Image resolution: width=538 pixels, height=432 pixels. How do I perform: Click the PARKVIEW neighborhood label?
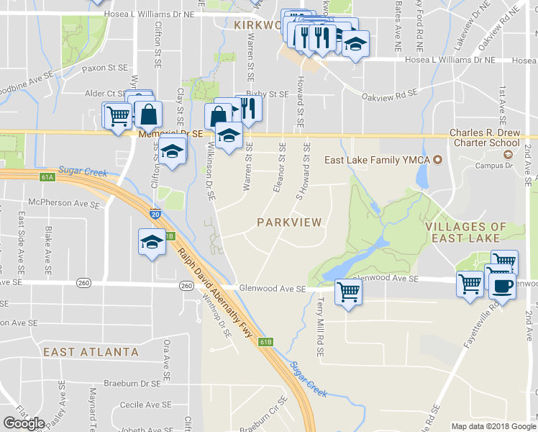tap(289, 222)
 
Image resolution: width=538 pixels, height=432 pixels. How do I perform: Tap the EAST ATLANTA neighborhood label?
tap(91, 352)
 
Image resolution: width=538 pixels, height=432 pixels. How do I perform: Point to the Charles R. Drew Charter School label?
tap(484, 138)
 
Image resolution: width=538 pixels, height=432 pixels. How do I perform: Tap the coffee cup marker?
tap(501, 286)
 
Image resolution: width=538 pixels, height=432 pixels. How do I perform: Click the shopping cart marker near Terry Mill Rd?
tap(347, 292)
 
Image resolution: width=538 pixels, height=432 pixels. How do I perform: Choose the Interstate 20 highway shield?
tap(155, 214)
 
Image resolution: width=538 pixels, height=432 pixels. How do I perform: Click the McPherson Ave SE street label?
tap(64, 204)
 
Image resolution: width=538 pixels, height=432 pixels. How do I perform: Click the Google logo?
tap(24, 423)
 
